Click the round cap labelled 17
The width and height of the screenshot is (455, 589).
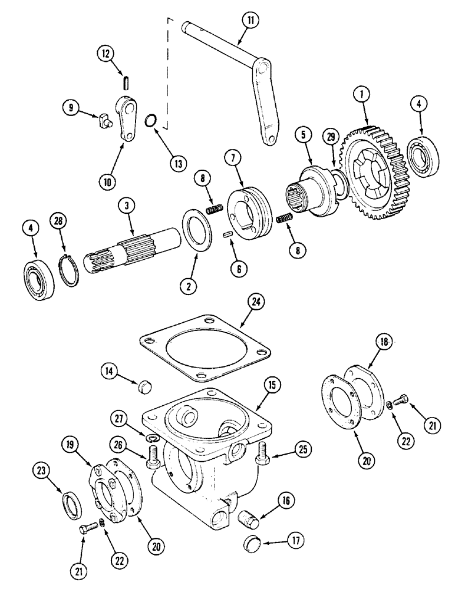[253, 541]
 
